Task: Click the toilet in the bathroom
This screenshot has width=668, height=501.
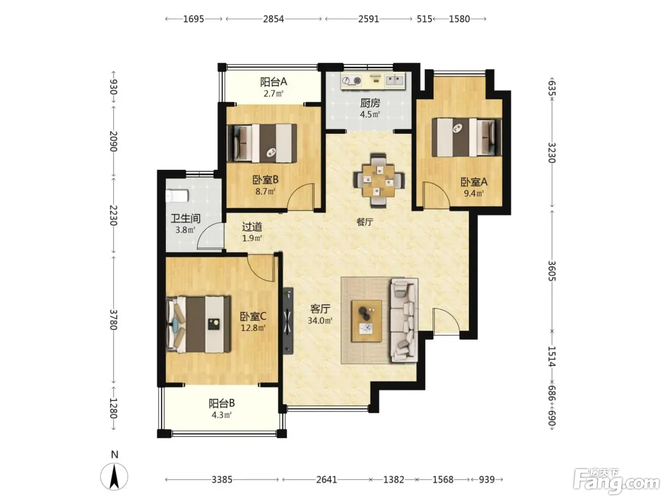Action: [x=177, y=196]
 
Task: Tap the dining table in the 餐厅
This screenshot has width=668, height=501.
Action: [x=378, y=180]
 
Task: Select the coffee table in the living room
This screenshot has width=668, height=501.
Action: [x=366, y=321]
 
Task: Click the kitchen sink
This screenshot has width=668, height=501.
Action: [x=395, y=80]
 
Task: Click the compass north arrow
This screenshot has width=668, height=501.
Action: [x=114, y=477]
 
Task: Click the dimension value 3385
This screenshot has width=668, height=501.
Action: [x=222, y=480]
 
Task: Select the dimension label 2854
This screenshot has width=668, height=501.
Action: [x=273, y=19]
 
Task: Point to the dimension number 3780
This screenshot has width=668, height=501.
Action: [x=113, y=320]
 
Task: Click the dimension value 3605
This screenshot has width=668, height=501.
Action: [x=552, y=271]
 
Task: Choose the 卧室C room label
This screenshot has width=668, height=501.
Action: [x=253, y=316]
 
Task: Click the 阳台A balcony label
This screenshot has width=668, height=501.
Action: [x=273, y=82]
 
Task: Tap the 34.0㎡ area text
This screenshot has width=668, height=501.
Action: [x=320, y=320]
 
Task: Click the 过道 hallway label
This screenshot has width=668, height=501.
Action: [x=252, y=227]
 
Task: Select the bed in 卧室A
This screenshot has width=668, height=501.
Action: [x=467, y=137]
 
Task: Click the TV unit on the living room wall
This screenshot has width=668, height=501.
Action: [x=288, y=321]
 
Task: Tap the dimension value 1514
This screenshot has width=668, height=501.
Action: [x=552, y=356]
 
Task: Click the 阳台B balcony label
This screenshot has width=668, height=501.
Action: [x=221, y=403]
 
